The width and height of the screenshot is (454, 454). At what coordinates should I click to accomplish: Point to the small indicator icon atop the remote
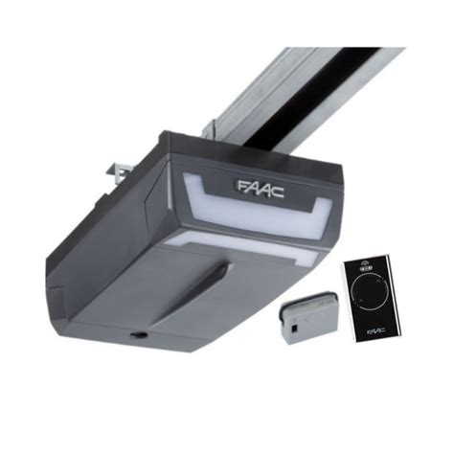pos(367,268)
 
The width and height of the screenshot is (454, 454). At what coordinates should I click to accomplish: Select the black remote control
pos(371,296)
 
